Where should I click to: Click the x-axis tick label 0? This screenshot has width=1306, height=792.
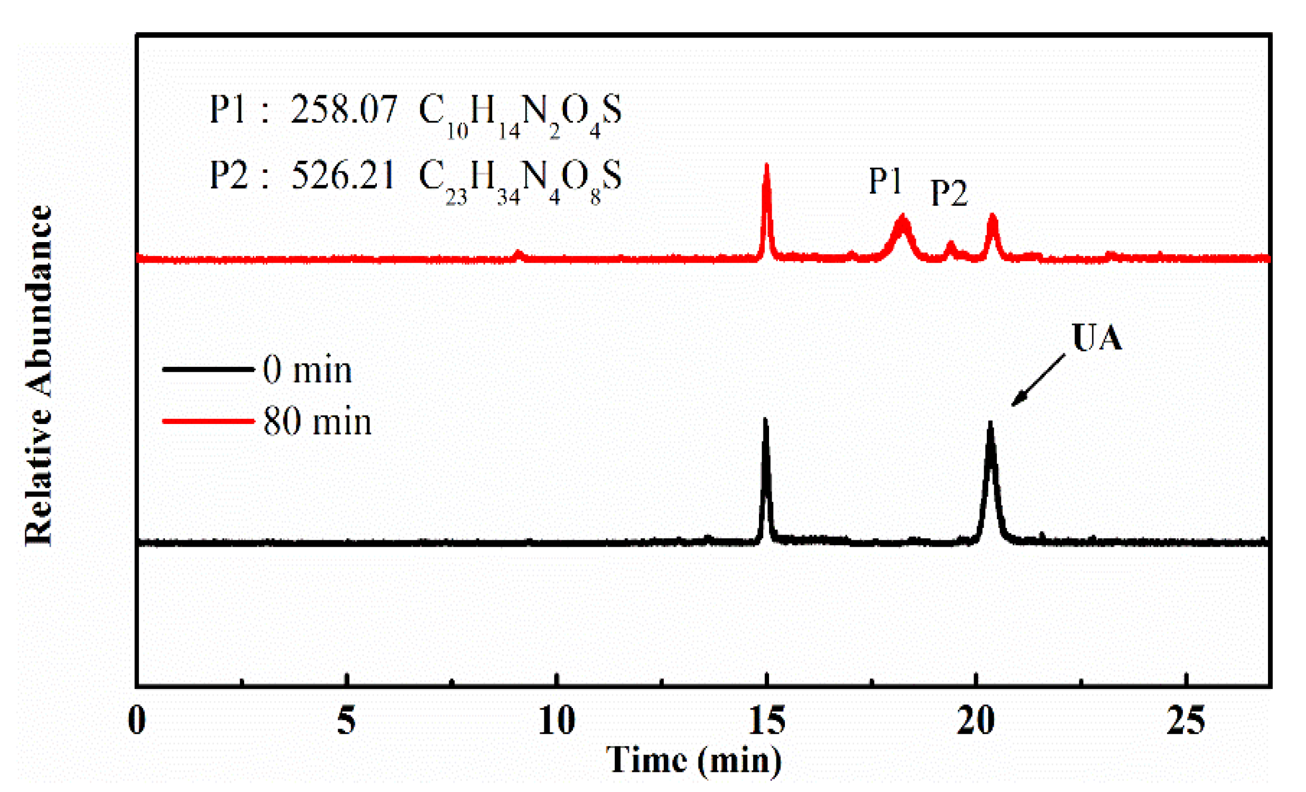[x=137, y=721]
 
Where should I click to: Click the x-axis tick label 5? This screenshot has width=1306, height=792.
[x=346, y=721]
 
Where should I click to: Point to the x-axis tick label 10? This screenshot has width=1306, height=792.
[x=557, y=721]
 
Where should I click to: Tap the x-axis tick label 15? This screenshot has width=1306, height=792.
[x=766, y=721]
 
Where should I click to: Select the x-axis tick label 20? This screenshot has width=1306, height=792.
[x=976, y=721]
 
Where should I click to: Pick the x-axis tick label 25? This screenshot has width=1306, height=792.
[x=1185, y=721]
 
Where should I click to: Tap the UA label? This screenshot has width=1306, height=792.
[x=1097, y=337]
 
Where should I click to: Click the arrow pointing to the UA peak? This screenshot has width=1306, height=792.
[x=1038, y=380]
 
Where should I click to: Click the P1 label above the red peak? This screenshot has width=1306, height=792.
[x=885, y=181]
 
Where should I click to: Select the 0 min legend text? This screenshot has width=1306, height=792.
[x=307, y=370]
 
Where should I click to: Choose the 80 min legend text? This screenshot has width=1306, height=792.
[x=317, y=422]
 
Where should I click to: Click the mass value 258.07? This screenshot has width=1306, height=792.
[x=344, y=110]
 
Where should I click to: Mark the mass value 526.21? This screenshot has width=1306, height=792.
[x=344, y=176]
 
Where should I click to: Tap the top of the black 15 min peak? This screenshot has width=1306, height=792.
[x=765, y=420]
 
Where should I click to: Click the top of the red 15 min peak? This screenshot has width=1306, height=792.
[x=766, y=166]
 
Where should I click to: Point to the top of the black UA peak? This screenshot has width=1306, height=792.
[x=989, y=423]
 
